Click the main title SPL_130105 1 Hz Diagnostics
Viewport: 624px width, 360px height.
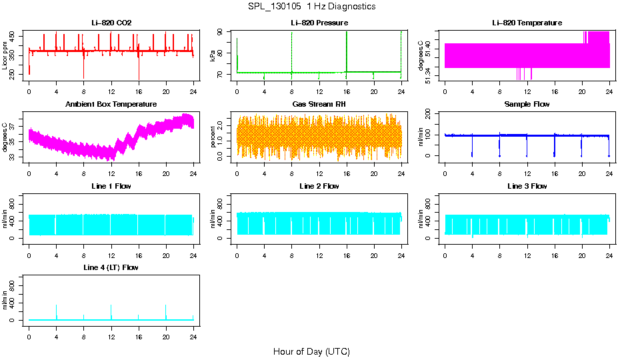click(311, 7)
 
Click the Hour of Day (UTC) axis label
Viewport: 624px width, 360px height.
click(311, 351)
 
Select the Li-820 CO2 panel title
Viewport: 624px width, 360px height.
click(111, 23)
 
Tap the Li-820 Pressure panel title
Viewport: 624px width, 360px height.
click(319, 23)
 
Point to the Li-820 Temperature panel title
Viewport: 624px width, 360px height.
click(527, 23)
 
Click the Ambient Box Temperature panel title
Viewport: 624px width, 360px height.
click(111, 104)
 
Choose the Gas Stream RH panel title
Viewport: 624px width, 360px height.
click(319, 104)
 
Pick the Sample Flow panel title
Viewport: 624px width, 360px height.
click(527, 104)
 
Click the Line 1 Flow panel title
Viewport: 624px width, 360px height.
click(111, 186)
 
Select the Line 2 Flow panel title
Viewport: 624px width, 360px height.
click(319, 186)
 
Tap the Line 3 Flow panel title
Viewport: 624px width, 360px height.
click(527, 186)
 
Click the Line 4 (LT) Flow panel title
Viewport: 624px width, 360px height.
click(111, 267)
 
